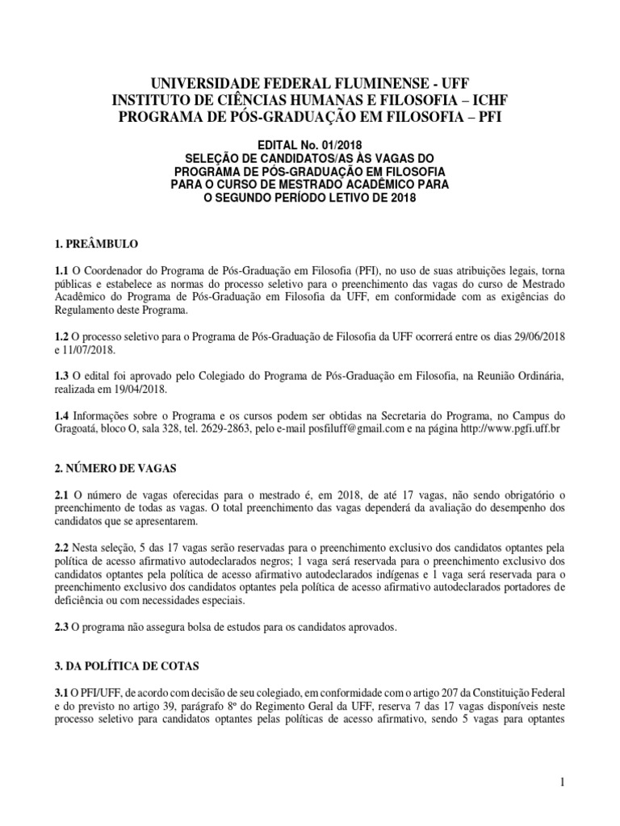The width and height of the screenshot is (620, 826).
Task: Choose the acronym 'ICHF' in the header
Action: [x=486, y=99]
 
